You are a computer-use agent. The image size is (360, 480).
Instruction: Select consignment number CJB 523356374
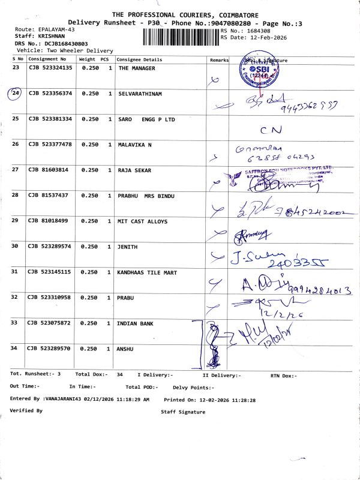click(50, 94)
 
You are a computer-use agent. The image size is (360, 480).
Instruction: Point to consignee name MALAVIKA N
click(135, 145)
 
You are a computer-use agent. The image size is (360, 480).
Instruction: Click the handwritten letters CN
click(272, 130)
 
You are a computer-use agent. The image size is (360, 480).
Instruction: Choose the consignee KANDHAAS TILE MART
click(148, 272)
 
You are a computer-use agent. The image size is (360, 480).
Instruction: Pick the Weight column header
click(87, 59)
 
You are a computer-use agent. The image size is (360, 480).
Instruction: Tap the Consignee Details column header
click(139, 59)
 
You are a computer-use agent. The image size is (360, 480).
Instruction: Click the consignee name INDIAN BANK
click(136, 323)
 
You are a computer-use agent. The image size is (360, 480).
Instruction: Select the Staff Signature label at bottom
click(183, 412)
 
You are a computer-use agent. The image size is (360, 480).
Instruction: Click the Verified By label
click(26, 410)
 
